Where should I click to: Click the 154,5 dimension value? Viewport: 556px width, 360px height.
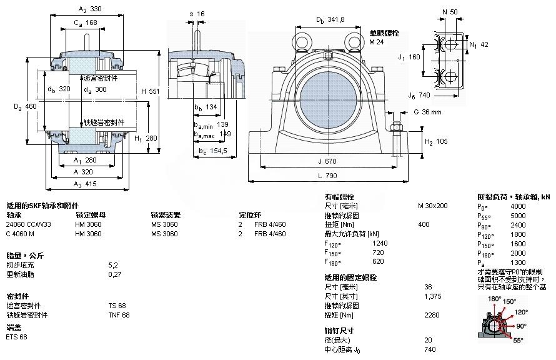[x=217, y=152]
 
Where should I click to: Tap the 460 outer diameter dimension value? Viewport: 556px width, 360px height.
[x=31, y=107]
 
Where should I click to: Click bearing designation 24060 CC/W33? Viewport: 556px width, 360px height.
[x=28, y=224]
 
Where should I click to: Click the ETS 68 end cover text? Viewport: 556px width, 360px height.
[x=17, y=337]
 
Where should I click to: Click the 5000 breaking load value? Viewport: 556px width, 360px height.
[x=518, y=216]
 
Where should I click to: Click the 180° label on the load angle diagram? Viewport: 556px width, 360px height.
[x=494, y=299]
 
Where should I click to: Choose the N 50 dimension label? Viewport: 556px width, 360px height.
[x=449, y=12]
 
